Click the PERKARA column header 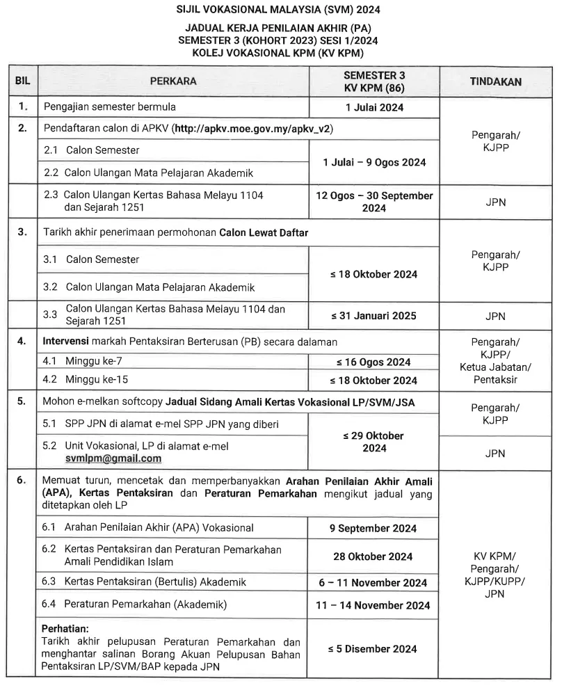(x=173, y=81)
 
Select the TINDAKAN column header (x=495, y=81)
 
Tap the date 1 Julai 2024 (x=374, y=107)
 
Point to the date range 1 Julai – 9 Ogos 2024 (x=374, y=161)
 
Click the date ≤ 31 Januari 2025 (x=373, y=315)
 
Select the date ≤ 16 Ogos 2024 (x=373, y=362)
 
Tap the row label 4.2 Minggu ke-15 (x=86, y=380)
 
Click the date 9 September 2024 (x=373, y=528)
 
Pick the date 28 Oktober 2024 (x=373, y=557)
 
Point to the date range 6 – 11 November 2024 (x=373, y=583)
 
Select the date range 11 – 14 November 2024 (x=373, y=605)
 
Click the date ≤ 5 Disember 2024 (x=373, y=648)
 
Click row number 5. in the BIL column (x=22, y=401)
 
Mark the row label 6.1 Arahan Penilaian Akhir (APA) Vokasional (x=149, y=528)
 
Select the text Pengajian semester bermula (x=110, y=107)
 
